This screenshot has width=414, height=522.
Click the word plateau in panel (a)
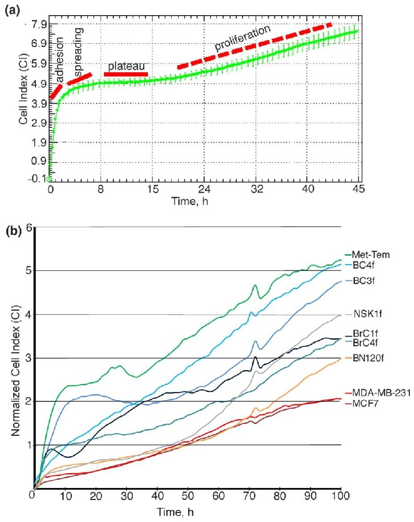point(125,67)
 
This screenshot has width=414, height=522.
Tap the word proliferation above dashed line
point(243,38)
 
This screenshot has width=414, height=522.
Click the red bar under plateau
point(126,74)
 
